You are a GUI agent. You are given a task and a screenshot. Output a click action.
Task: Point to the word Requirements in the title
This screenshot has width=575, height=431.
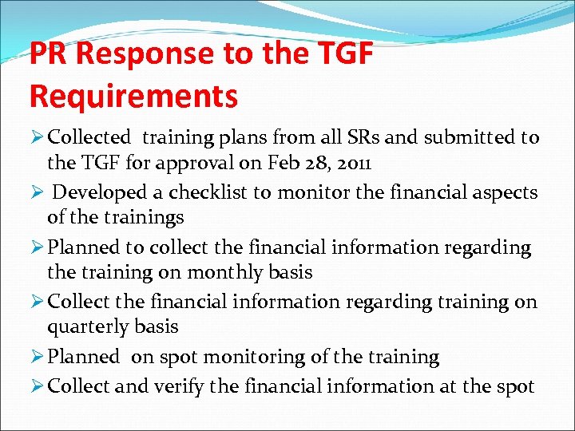133,96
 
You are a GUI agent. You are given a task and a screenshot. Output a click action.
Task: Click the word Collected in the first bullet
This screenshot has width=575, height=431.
88,138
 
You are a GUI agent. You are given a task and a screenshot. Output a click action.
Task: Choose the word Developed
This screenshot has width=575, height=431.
101,192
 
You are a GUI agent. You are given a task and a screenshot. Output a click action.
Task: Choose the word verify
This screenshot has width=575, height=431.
178,386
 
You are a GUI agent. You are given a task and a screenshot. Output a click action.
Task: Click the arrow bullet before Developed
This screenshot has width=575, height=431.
35,192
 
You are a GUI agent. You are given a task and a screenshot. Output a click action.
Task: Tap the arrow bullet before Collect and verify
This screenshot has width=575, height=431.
35,386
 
